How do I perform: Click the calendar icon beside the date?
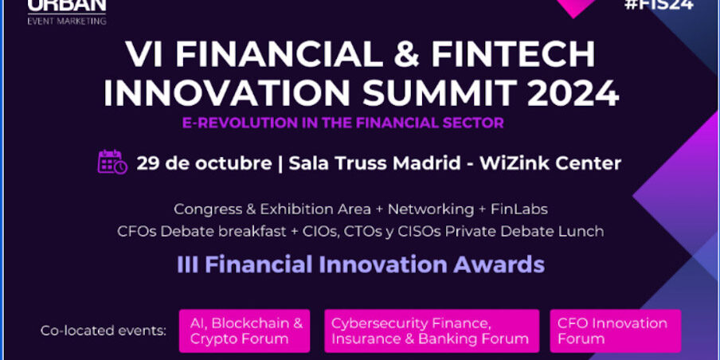pyautogui.click(x=112, y=162)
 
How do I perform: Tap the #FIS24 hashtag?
pyautogui.click(x=659, y=5)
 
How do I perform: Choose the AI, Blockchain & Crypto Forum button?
pyautogui.click(x=245, y=331)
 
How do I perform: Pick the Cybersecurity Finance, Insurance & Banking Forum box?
pyautogui.click(x=430, y=331)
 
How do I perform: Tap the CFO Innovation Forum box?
pyautogui.click(x=615, y=331)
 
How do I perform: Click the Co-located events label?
pyautogui.click(x=104, y=331)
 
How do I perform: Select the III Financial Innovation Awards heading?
pyautogui.click(x=360, y=264)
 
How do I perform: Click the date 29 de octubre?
pyautogui.click(x=204, y=163)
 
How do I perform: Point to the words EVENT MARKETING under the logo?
pyautogui.click(x=66, y=21)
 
